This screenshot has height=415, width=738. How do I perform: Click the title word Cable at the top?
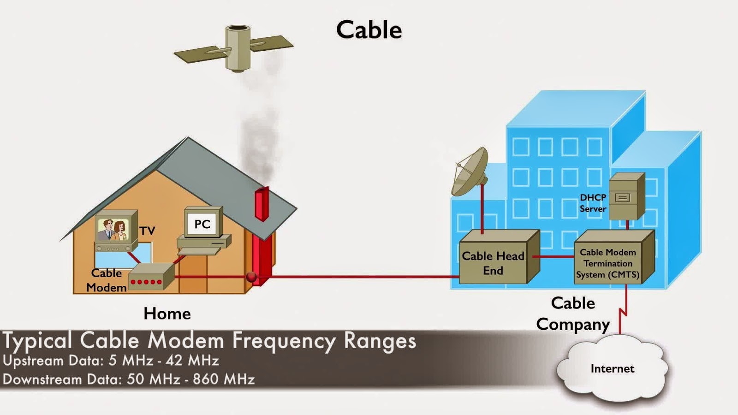click(x=369, y=30)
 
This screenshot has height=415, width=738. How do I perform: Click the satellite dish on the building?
click(x=470, y=172)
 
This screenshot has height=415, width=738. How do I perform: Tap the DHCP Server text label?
click(x=593, y=203)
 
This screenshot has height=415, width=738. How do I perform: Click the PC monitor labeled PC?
click(x=202, y=224)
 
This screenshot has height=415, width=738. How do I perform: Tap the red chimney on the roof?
click(x=262, y=203)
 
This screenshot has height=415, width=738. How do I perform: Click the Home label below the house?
click(x=167, y=314)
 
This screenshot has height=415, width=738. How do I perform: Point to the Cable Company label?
click(x=573, y=314)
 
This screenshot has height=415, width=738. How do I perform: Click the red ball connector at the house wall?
click(x=251, y=277)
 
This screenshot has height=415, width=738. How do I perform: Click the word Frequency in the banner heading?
click(x=284, y=341)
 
